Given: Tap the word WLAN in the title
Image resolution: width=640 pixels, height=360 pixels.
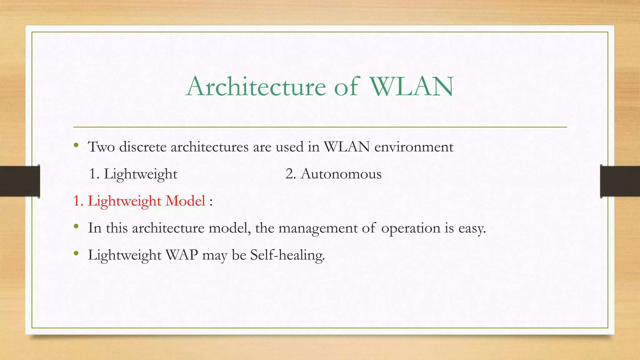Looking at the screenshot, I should tap(412, 86).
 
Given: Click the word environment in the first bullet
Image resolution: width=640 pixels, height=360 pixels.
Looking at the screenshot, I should tap(414, 147).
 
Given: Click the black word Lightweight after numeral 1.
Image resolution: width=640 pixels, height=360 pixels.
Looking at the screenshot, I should tap(140, 174).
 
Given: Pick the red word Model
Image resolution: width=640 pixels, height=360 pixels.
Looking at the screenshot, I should tap(185, 201).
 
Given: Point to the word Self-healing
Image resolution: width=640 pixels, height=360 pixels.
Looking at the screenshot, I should tap(287, 255).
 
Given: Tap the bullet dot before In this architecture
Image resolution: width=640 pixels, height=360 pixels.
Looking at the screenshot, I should tap(76, 226).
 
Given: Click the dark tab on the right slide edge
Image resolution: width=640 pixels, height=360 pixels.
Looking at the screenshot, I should tap(620, 181).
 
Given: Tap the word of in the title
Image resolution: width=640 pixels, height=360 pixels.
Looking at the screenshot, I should tap(346, 86).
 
